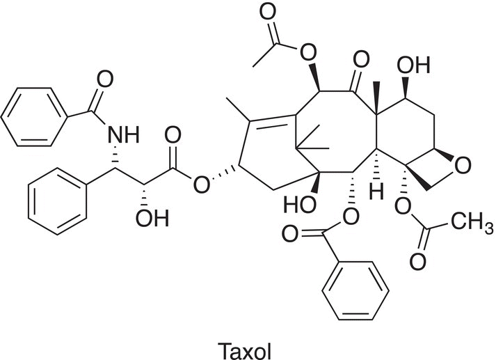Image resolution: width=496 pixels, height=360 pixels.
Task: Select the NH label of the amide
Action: coord(124,134)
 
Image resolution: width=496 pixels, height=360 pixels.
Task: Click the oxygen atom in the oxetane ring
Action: coord(462,166)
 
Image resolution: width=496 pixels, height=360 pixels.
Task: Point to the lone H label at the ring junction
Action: coord(376,191)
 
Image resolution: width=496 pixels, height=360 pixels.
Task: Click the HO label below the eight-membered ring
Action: coord(300,203)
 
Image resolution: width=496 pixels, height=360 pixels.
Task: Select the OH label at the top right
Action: coord(413,65)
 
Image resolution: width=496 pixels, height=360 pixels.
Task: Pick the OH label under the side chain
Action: coord(152,218)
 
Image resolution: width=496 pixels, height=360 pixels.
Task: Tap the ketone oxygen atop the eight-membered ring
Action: coord(361,59)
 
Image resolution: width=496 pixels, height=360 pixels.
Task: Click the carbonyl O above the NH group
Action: coord(105,79)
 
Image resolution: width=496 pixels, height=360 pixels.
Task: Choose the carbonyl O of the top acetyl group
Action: coord(268,13)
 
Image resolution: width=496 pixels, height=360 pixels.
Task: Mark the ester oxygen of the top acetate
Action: coord(307,53)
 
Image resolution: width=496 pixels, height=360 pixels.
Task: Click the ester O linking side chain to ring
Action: coord(202,185)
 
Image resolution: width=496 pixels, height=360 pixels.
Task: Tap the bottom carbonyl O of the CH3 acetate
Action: coord(417,262)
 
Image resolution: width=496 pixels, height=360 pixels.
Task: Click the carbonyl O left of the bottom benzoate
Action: coord(290,234)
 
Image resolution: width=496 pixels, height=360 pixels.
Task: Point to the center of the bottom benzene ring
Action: coord(355,291)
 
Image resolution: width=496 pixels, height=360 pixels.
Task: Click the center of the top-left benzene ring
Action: coord(34,117)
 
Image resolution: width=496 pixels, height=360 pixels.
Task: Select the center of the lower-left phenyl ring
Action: coord(58,201)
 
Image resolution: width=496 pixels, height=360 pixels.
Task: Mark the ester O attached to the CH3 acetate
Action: coord(403,206)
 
